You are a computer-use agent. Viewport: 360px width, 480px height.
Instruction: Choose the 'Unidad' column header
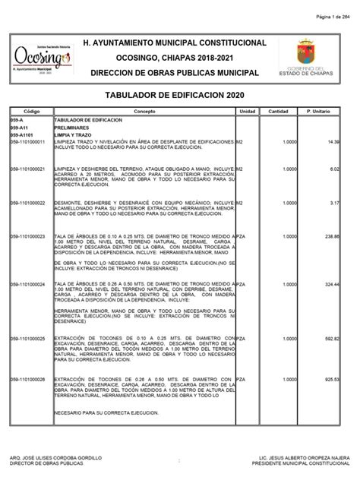(248, 111)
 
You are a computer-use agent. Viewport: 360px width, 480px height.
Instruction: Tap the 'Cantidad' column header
(278, 111)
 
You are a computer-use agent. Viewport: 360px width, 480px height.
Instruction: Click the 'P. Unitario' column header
(319, 111)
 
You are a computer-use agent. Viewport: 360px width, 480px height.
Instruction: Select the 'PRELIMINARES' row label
(72, 128)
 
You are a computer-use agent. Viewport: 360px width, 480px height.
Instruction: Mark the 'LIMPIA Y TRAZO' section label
(74, 134)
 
